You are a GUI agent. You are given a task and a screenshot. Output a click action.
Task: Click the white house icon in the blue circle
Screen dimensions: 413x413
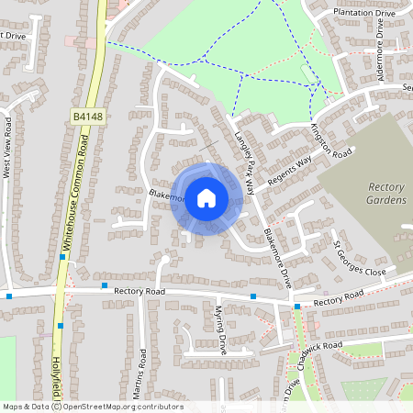206,197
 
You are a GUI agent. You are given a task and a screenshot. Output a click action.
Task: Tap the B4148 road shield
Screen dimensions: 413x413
84,117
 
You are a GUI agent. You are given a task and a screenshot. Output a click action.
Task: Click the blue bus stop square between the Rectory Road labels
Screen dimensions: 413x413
252,296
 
